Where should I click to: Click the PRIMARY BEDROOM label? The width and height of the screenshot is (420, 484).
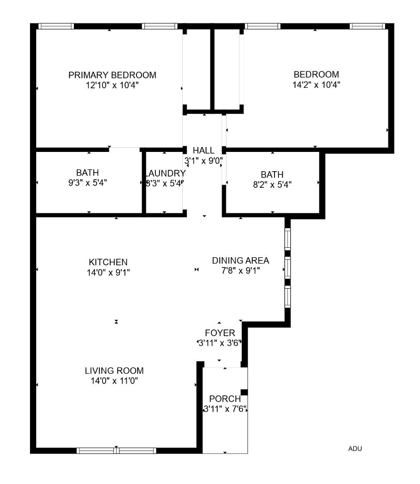coord(112,75)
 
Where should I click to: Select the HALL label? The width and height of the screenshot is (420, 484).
coord(203,151)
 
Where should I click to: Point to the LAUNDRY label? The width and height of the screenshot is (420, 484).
coord(165,173)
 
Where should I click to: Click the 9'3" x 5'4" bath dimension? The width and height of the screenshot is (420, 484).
coord(87,182)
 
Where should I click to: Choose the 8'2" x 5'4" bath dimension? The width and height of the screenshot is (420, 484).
coord(272,184)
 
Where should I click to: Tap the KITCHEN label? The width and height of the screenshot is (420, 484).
coord(108,262)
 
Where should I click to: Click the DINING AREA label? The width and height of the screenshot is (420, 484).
coord(240,260)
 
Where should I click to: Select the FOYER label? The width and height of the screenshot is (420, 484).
coord(220,333)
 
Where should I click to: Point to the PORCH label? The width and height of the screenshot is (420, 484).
coord(225,399)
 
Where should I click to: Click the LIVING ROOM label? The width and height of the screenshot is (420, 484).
coord(114,371)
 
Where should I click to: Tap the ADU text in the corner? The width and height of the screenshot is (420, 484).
coord(355,449)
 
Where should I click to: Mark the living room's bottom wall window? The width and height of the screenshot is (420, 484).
coord(116,450)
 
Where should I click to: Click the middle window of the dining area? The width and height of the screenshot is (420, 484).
coord(287,268)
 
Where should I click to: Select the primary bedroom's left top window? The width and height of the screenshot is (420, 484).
coord(56,26)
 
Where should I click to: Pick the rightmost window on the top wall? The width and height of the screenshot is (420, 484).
coord(367,26)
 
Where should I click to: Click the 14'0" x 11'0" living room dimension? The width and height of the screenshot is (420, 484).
coord(114,381)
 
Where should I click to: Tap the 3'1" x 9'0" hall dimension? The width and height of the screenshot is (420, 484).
coord(203,160)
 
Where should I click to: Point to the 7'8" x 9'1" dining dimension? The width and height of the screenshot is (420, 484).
coord(240,271)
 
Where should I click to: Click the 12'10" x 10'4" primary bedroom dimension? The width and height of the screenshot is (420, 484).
coord(112,85)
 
